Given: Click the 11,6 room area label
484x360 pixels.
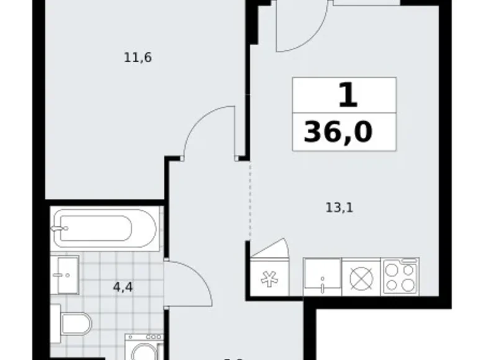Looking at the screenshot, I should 138,58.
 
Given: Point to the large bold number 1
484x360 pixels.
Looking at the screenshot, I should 346,96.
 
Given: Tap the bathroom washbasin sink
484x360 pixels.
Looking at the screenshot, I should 66,275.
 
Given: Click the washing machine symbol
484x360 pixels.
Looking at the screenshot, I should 143,349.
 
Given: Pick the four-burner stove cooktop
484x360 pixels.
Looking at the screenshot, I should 401,276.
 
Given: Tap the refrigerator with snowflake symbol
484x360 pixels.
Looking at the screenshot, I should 269,277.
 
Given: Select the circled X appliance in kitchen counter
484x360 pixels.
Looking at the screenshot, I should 361,277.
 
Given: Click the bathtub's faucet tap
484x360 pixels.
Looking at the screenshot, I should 60,228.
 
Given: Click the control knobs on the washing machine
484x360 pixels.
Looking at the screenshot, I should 143,338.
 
